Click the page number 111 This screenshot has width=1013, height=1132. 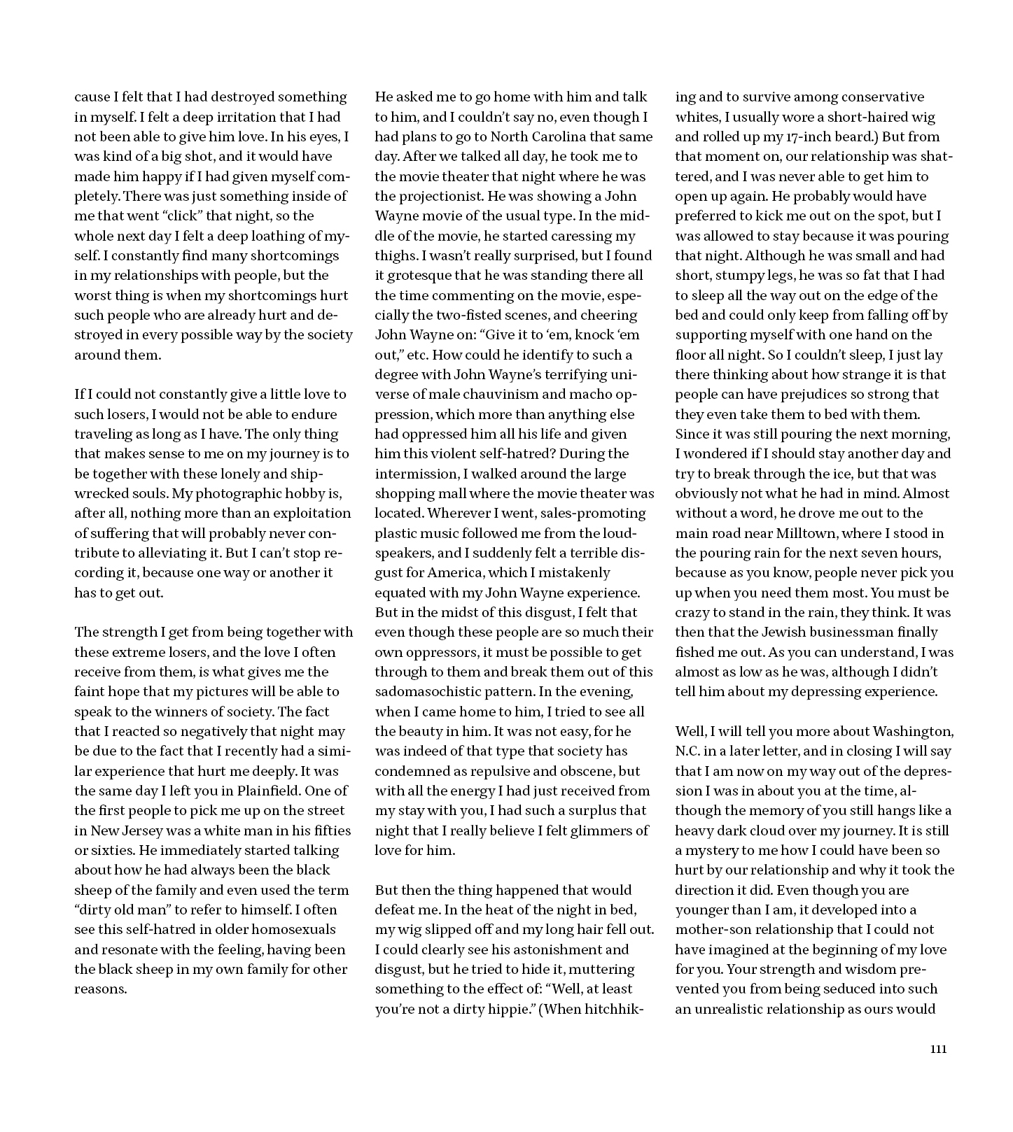click(x=938, y=1049)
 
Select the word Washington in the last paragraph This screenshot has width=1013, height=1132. click(x=916, y=731)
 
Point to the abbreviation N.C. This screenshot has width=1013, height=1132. click(x=688, y=751)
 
